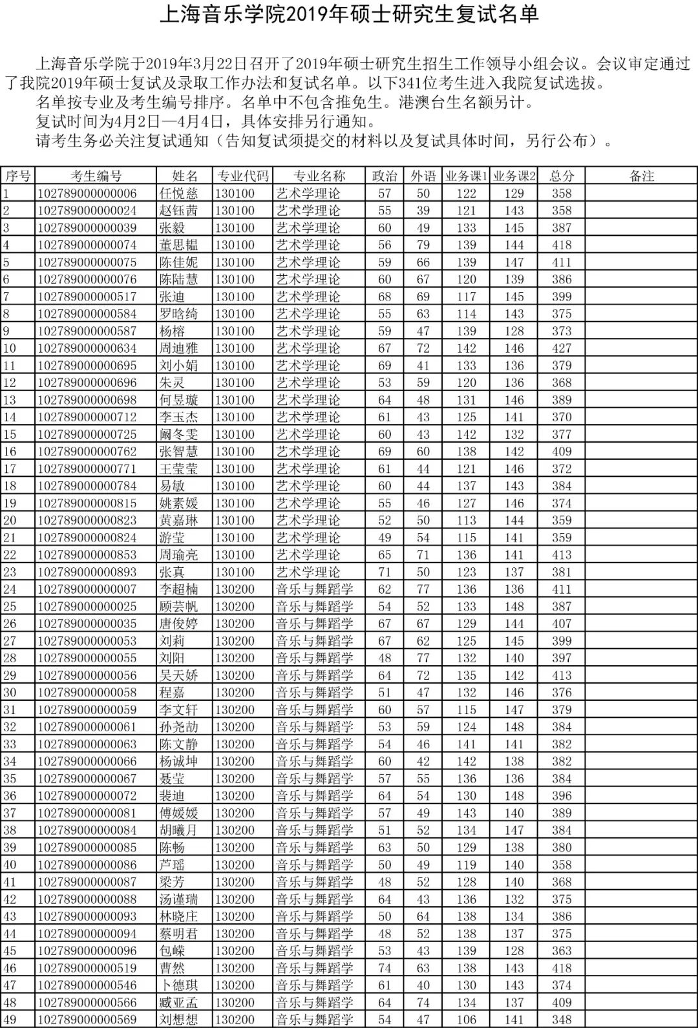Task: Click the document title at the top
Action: coord(349,15)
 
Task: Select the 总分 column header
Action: coord(562,176)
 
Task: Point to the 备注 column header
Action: coord(641,176)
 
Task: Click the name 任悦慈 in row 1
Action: coord(178,193)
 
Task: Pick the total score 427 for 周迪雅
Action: coord(562,348)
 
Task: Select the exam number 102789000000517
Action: coord(87,297)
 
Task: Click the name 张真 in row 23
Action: coord(172,572)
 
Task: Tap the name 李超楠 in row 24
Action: coord(178,589)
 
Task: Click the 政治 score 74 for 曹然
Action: coord(385,968)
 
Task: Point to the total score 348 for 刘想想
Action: coord(562,1020)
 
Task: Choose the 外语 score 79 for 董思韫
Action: coord(423,245)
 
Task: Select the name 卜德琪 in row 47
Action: coord(178,985)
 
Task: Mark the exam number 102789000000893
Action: coord(87,572)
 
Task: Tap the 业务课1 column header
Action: coord(466,176)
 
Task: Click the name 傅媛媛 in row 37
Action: coord(178,813)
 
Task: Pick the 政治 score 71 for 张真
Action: coord(385,572)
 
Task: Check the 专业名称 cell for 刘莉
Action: coord(315,641)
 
